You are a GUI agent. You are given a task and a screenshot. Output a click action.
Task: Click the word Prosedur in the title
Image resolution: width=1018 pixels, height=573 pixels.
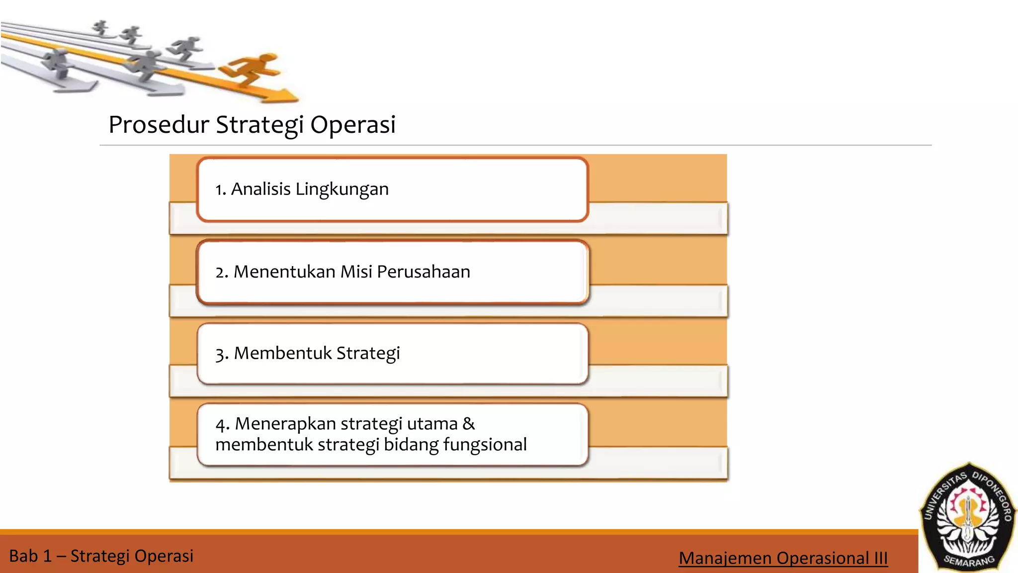159,124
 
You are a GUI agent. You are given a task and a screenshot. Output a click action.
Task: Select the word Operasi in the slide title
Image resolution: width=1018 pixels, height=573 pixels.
353,124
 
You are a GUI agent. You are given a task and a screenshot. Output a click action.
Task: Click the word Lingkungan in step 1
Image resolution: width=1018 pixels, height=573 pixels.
342,189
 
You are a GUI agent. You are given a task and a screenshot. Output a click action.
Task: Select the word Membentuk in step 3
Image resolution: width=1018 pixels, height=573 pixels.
282,353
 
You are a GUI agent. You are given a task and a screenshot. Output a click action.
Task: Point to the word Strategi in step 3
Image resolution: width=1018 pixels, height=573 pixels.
368,353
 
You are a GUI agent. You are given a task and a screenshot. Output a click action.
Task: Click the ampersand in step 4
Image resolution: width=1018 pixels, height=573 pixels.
468,424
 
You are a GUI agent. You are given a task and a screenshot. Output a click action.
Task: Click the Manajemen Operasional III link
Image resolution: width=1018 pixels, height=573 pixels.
783,558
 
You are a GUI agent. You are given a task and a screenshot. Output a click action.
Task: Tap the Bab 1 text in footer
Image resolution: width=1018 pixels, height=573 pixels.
30,556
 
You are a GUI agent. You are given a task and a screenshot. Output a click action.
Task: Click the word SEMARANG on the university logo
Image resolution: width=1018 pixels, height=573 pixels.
969,561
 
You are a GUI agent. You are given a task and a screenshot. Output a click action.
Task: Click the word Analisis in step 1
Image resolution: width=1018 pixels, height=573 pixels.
260,189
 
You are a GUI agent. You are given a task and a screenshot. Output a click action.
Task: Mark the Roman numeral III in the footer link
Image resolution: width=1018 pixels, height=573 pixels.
880,558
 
